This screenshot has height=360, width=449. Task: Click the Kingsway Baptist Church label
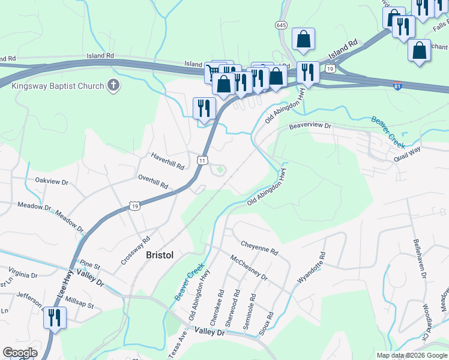58,86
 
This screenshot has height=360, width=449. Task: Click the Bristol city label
160,255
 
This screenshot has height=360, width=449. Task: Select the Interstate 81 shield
397,85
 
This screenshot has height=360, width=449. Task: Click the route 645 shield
282,25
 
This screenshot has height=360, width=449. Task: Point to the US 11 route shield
203,160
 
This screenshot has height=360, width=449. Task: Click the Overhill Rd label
153,182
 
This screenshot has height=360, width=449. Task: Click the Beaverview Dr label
310,127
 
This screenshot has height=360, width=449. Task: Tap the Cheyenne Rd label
259,248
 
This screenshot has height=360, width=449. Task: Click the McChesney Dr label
249,266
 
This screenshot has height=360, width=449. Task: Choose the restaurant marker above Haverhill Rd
204,109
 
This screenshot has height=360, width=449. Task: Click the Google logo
20,353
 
